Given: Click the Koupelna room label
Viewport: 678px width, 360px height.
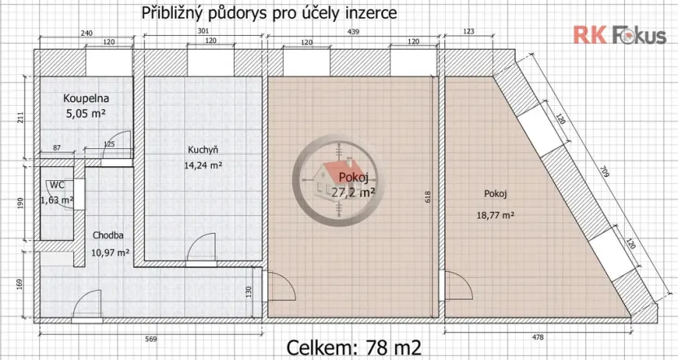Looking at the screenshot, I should pyautogui.click(x=86, y=99).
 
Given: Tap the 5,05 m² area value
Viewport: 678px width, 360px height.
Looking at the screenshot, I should pyautogui.click(x=86, y=114).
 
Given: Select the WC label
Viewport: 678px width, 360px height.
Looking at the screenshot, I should pyautogui.click(x=55, y=186).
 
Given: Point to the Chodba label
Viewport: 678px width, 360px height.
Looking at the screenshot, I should pyautogui.click(x=108, y=235).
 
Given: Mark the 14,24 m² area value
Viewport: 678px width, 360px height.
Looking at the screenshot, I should pyautogui.click(x=204, y=165).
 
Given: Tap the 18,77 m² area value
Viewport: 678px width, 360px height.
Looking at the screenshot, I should pyautogui.click(x=495, y=216).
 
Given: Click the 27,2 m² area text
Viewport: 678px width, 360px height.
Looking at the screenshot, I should pyautogui.click(x=352, y=192).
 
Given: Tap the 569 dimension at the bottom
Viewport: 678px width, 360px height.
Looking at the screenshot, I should pyautogui.click(x=151, y=338).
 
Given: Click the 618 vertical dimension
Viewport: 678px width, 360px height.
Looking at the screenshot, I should pyautogui.click(x=426, y=195).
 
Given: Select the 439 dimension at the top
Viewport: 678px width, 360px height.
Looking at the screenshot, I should pyautogui.click(x=353, y=32).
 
